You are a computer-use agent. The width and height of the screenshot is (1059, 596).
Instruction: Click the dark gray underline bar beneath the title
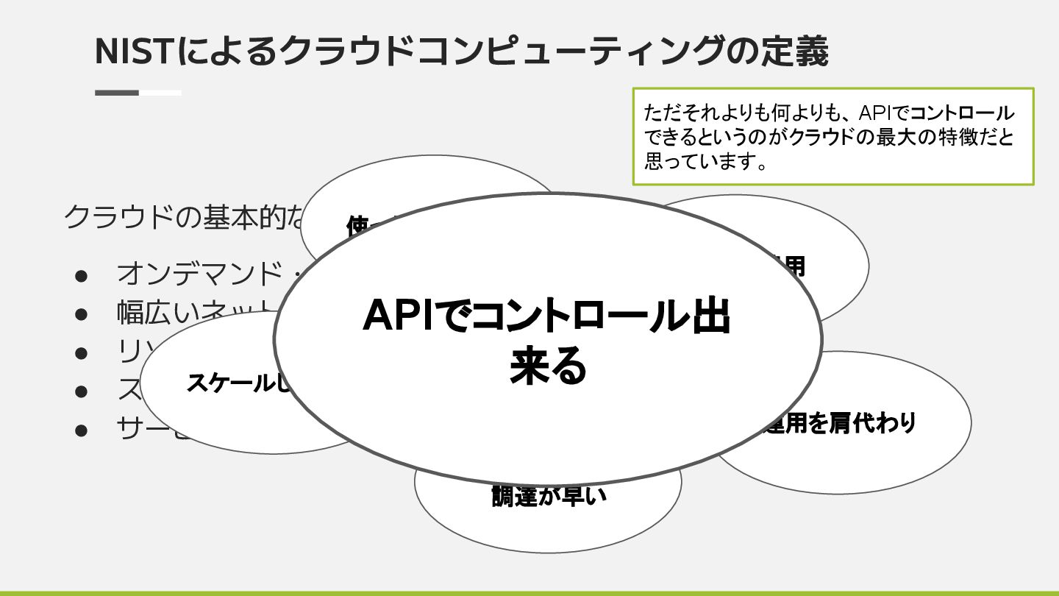[117, 93]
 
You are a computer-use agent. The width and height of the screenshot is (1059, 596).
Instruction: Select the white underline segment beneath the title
[160, 93]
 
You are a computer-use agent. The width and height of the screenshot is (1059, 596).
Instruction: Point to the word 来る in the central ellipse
[549, 366]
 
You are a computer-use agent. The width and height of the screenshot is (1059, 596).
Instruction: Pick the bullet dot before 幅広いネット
[82, 313]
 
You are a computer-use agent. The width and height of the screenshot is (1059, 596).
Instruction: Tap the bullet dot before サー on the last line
[82, 428]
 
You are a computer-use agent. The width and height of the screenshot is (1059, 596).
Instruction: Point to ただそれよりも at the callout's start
[694, 113]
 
